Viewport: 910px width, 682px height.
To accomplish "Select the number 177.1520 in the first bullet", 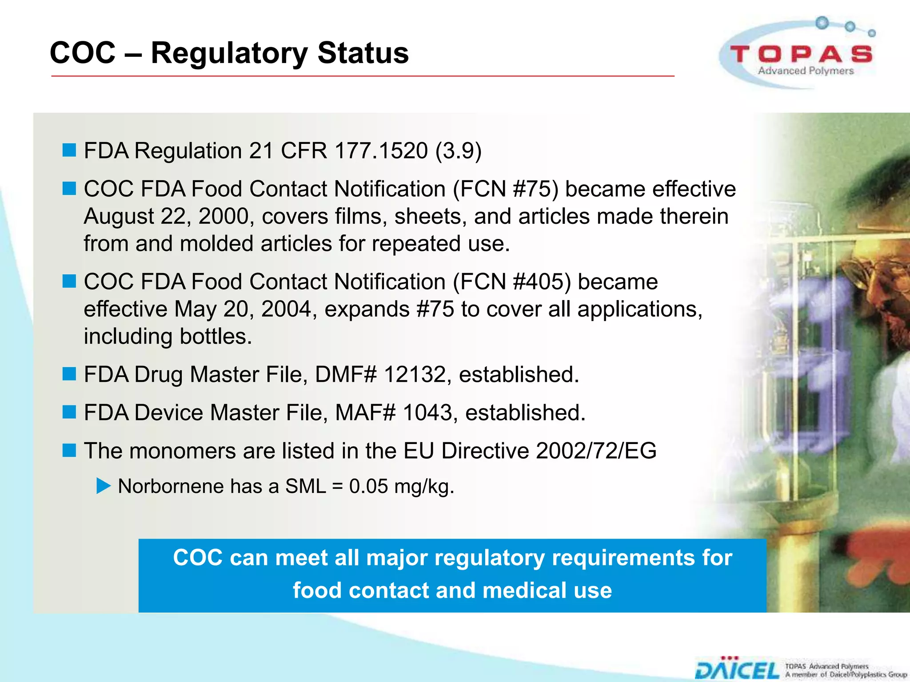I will tap(381, 151).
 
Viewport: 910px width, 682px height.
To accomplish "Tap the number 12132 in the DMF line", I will tap(414, 374).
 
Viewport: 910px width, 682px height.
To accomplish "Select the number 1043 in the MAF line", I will tap(427, 412).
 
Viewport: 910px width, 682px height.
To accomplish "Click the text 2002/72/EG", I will tap(596, 451).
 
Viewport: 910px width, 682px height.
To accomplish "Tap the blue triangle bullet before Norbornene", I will tap(103, 486).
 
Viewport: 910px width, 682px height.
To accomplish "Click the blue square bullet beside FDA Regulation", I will tap(69, 150).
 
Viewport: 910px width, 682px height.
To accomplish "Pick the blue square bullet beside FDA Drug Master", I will tap(69, 374).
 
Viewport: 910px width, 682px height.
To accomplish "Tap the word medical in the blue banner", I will tap(522, 591).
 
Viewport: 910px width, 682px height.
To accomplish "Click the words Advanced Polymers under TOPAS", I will tap(806, 71).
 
